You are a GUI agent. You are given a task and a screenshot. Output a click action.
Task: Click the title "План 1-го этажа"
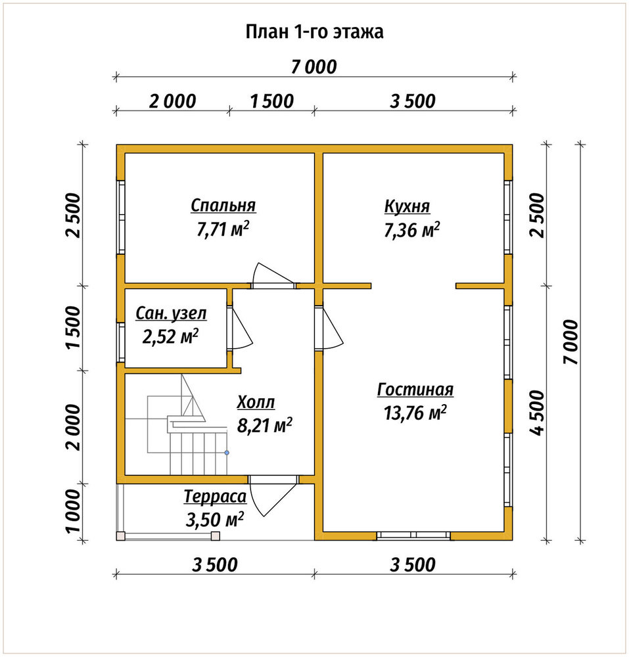(x=314, y=32)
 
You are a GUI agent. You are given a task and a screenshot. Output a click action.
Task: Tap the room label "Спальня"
(x=223, y=206)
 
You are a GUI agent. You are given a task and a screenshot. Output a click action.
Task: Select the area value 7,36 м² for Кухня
(x=412, y=229)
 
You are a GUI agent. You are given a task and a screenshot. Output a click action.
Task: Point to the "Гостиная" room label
(x=415, y=389)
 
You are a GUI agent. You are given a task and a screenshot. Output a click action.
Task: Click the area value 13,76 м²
(x=415, y=413)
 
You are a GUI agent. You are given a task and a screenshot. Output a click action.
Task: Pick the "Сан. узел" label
(x=171, y=313)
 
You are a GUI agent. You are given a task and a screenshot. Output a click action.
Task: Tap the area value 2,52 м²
(x=170, y=336)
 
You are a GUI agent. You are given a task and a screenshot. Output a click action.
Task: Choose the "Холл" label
(x=256, y=402)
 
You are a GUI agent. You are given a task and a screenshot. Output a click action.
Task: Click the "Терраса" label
(x=215, y=497)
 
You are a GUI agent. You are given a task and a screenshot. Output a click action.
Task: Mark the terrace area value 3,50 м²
(x=214, y=520)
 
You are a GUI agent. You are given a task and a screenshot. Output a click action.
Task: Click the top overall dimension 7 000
(x=314, y=67)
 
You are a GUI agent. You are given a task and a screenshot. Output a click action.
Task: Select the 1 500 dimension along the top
(x=272, y=101)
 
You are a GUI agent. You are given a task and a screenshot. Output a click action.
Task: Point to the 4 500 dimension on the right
(x=537, y=413)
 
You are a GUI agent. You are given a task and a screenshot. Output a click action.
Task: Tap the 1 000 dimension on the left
(x=74, y=511)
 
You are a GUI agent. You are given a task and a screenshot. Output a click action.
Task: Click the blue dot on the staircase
(x=227, y=453)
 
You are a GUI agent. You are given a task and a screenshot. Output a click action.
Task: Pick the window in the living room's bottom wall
(x=413, y=535)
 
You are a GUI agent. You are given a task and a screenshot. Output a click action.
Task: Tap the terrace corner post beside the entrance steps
(x=216, y=535)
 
